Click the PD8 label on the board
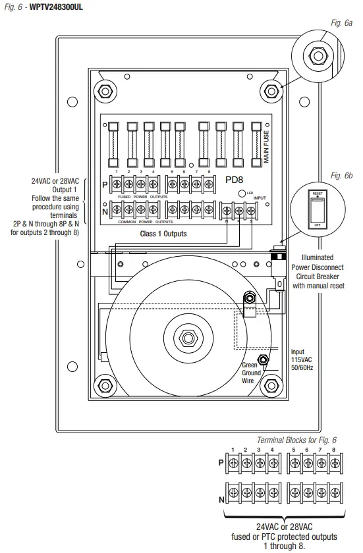[x=235, y=178]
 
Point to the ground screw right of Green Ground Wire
[x=264, y=360]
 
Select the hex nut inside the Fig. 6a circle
[x=319, y=57]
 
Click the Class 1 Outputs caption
[x=163, y=234]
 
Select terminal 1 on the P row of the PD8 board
[x=116, y=186]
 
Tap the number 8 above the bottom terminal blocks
[x=333, y=450]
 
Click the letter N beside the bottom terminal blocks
[x=221, y=500]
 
